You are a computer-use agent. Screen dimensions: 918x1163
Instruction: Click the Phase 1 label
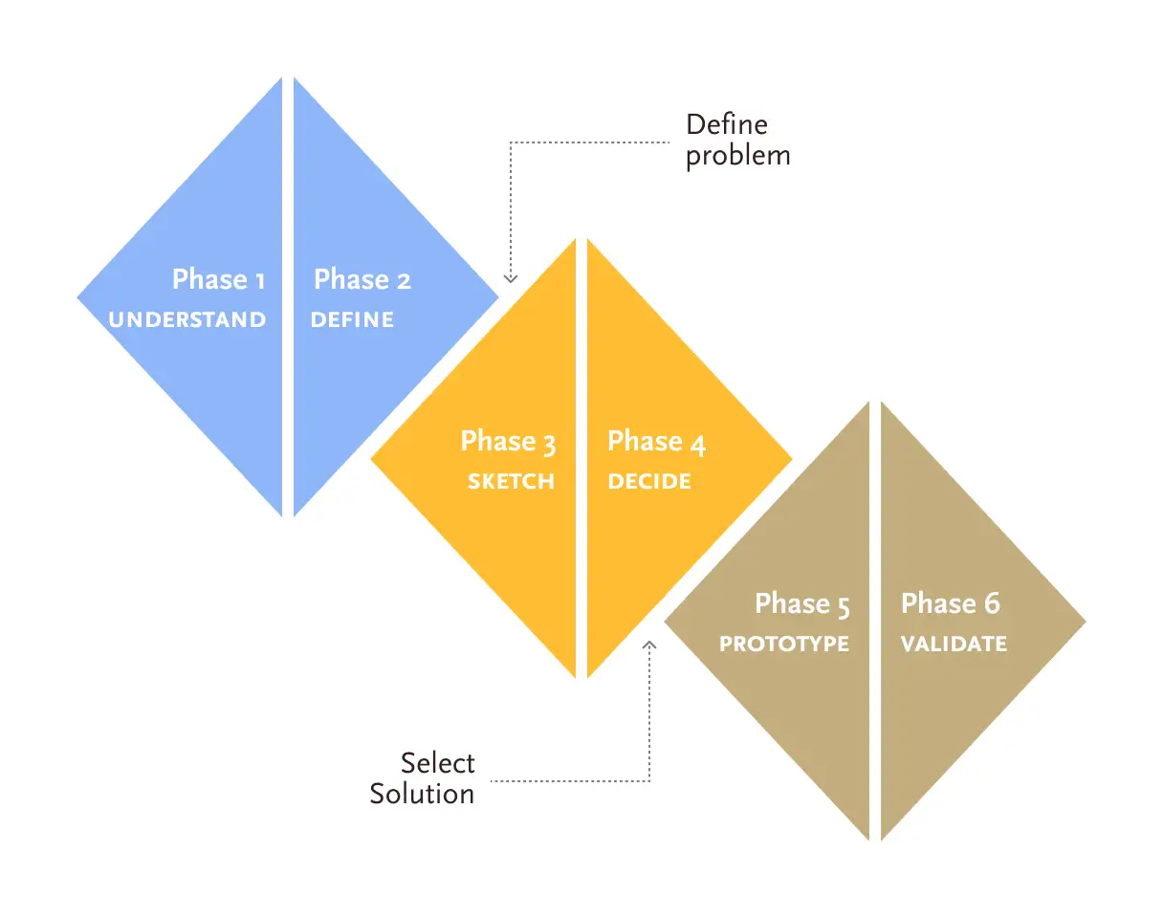click(218, 279)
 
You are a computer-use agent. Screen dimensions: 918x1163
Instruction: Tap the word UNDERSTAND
click(187, 319)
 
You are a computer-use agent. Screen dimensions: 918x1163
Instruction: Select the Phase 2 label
click(362, 279)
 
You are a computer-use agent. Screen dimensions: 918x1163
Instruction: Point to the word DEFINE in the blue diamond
click(352, 319)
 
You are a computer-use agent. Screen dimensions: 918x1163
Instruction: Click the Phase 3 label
click(508, 441)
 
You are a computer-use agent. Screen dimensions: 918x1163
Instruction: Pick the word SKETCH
click(511, 481)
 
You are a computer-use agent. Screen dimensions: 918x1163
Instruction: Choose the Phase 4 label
click(657, 441)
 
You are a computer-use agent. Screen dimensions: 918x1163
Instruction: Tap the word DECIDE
click(649, 481)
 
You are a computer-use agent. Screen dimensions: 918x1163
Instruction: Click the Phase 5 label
click(802, 603)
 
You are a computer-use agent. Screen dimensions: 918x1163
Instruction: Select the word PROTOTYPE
click(784, 644)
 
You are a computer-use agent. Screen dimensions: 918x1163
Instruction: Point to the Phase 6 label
click(951, 603)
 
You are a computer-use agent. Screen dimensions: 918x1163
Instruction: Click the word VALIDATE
click(954, 644)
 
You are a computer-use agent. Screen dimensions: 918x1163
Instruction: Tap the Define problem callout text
click(737, 140)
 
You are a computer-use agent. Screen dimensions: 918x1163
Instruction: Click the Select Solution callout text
click(423, 778)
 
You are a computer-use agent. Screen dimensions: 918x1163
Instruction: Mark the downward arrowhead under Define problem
click(511, 278)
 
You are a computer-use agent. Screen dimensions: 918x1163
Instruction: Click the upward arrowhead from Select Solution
click(650, 645)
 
